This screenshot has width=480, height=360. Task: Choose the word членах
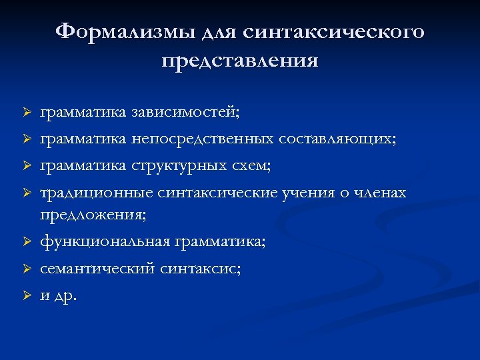(381, 193)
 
